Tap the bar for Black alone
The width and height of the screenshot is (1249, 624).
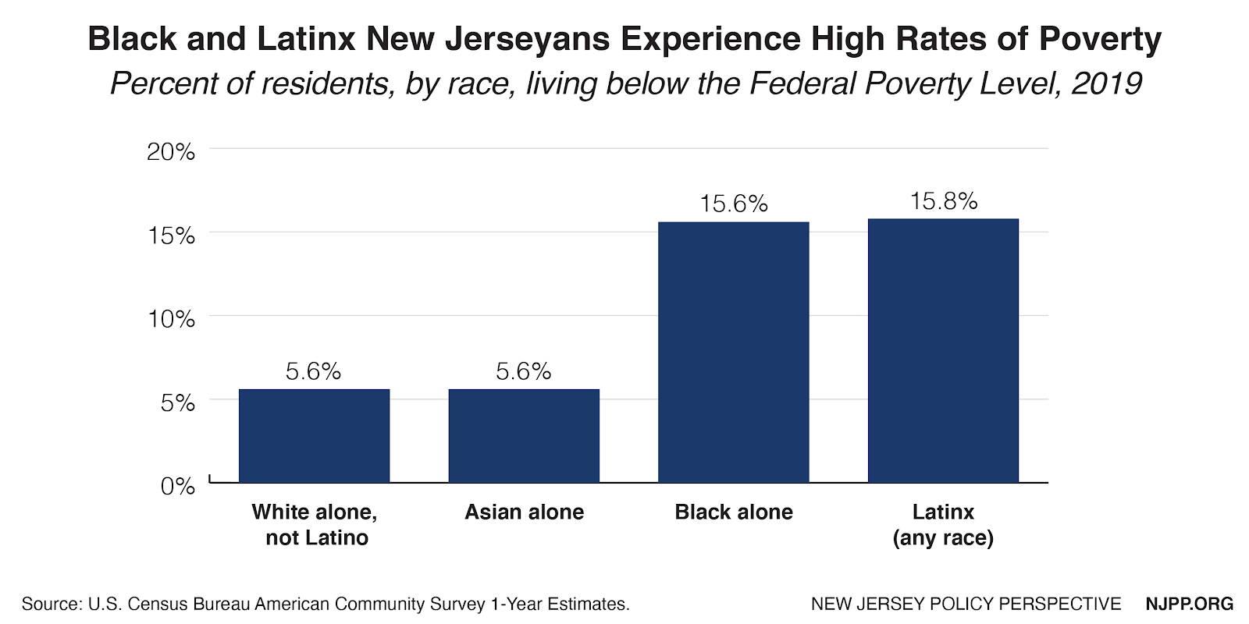pos(734,352)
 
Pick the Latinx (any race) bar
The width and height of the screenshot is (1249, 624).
pos(943,350)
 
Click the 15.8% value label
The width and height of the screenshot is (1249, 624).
pos(943,201)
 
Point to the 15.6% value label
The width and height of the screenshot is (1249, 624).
pos(734,204)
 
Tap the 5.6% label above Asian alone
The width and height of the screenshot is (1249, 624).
pos(524,371)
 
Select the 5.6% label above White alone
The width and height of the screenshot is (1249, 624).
pos(314,371)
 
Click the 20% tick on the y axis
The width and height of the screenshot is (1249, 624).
pos(171,151)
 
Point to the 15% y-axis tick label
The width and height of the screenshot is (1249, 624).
pos(171,236)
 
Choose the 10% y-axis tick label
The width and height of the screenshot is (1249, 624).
pos(171,319)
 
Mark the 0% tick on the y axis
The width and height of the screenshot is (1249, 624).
pos(177,486)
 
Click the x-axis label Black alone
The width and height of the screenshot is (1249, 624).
pos(734,512)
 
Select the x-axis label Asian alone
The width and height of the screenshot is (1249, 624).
pos(524,512)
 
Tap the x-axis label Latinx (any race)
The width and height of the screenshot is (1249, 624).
pos(943,524)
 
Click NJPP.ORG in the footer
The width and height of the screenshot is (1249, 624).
pos(1189,604)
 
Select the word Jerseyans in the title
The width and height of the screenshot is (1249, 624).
pos(528,39)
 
